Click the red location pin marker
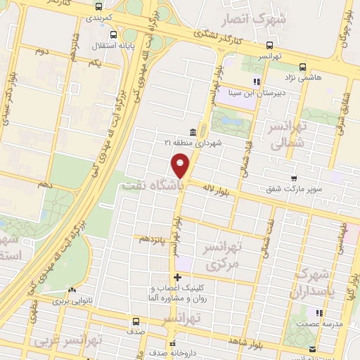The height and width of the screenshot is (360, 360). (x=180, y=166)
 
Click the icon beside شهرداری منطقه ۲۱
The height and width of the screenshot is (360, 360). (x=193, y=131)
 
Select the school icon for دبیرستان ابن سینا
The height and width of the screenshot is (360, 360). (x=257, y=82)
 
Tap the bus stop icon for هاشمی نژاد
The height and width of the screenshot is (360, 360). (x=302, y=67)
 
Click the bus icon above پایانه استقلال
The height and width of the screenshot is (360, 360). (x=113, y=34)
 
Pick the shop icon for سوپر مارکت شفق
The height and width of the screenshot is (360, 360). (x=293, y=179)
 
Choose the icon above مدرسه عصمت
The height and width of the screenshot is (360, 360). (x=319, y=312)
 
